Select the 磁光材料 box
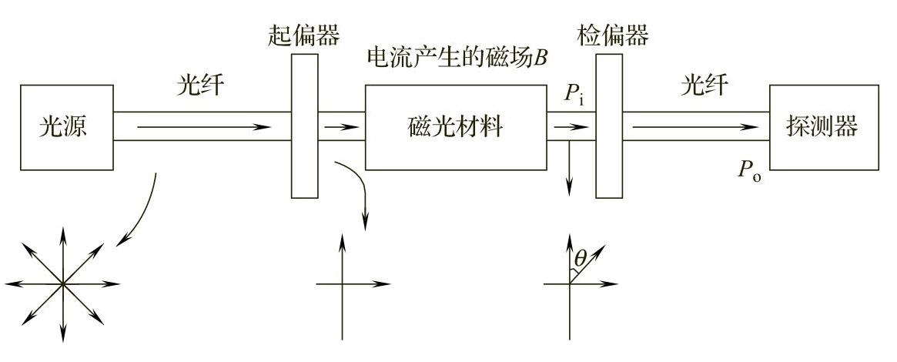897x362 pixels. [455, 127]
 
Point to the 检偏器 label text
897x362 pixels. [611, 35]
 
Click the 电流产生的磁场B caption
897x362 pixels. [458, 58]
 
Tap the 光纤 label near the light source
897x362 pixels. [200, 85]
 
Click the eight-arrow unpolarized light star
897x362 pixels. [64, 283]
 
